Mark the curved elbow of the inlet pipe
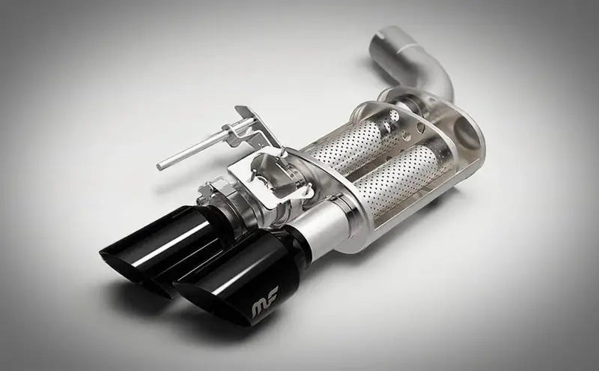coord(438,75)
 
